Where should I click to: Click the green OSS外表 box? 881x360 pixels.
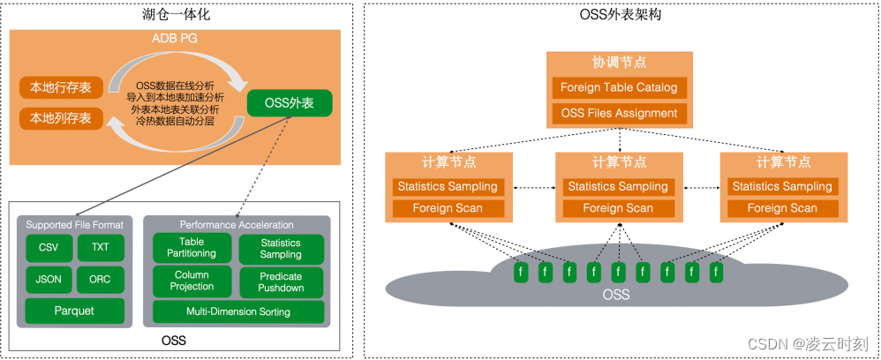point(290,103)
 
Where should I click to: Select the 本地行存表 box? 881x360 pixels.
point(61,87)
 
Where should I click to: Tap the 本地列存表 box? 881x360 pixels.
point(61,117)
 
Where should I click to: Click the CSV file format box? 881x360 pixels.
point(49,248)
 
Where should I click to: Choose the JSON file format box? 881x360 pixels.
point(49,279)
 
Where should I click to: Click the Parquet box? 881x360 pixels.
point(74,311)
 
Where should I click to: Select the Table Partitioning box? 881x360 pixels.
point(192,248)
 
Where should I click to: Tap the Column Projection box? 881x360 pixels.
point(192,281)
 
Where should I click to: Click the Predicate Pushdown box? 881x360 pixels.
point(281,281)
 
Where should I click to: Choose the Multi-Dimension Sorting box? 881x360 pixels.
point(237,311)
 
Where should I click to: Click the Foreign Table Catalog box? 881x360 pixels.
point(619,87)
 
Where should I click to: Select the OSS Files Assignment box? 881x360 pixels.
point(619,113)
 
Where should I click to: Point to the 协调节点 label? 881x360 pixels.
point(619,63)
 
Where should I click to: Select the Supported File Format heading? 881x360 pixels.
point(74,224)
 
